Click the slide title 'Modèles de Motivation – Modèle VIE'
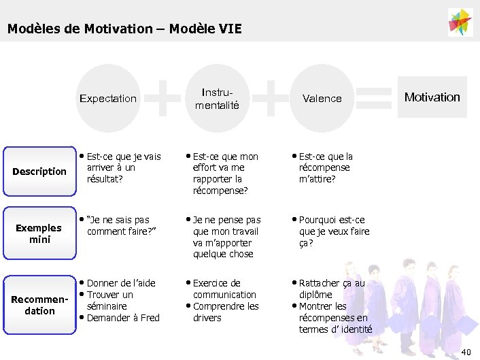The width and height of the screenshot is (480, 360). pos(124,29)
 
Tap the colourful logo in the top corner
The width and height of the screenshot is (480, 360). pos(460,22)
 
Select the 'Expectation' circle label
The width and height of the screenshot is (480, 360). pos(107,98)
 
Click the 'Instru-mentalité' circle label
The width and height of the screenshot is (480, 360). pos(217,98)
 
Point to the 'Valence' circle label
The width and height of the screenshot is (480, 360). pos(322,98)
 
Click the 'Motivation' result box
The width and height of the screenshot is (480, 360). pos(432,97)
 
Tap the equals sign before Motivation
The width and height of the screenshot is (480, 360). pos(373,97)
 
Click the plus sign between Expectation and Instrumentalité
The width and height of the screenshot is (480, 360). pos(163,97)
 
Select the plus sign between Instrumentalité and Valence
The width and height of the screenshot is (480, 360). pos(271,97)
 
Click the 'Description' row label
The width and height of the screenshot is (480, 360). pos(39,171)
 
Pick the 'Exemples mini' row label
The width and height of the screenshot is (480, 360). pos(39,233)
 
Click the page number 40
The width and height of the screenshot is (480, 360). pos(465,351)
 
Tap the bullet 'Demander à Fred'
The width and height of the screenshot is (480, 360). pos(123,318)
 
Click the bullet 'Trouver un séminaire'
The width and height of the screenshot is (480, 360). pos(109,300)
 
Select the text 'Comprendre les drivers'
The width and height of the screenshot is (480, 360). pos(225,312)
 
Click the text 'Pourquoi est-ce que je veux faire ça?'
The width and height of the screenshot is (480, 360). pos(334,231)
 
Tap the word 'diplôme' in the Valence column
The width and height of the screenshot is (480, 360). pos(315,295)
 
